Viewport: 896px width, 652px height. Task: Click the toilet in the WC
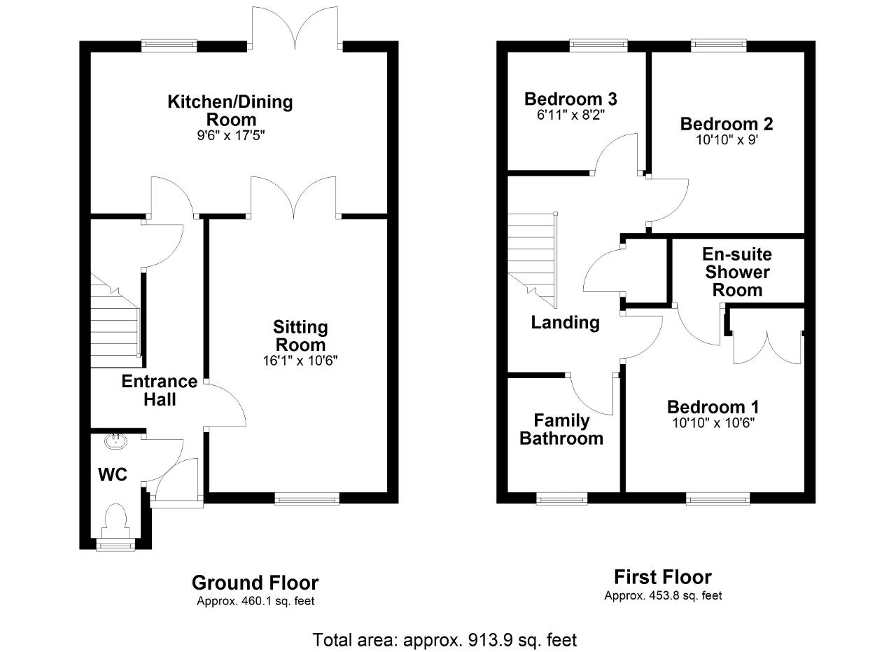[115, 520]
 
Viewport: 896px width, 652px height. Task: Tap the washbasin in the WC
[116, 441]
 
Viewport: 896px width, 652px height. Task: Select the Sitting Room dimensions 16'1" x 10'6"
[300, 361]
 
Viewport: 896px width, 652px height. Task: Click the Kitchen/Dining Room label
[230, 111]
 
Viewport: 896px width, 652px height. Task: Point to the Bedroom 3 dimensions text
[570, 116]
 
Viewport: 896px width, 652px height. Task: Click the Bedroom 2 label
[727, 124]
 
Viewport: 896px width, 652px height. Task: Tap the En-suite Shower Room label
[737, 272]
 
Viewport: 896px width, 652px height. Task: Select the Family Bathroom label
[561, 429]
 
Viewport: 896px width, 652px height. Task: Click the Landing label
[565, 323]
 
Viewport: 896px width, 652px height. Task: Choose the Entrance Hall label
[160, 390]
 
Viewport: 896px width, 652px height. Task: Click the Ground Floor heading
[255, 583]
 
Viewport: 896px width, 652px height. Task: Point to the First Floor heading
[663, 577]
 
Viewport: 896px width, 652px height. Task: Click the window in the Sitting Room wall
[307, 499]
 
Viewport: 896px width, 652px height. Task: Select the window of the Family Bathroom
[561, 499]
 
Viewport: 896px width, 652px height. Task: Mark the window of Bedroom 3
[598, 46]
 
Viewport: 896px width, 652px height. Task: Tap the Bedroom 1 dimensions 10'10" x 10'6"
[713, 423]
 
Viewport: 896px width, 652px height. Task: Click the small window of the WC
[115, 545]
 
